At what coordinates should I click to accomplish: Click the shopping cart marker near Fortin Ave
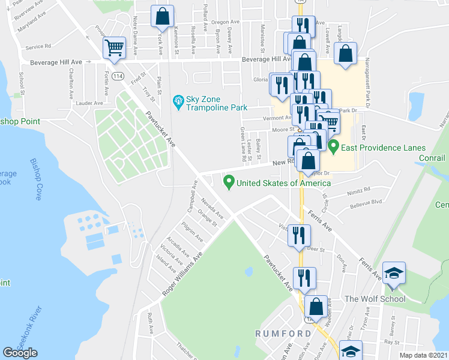point(114,47)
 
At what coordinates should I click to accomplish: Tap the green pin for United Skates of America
point(228,181)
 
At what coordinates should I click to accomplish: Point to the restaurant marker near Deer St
point(298,235)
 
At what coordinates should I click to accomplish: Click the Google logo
point(20,353)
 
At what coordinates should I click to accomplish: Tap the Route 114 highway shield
point(118,76)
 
